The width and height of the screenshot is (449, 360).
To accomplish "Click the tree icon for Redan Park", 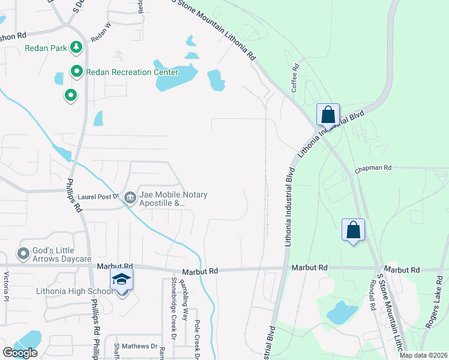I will tap(76, 47).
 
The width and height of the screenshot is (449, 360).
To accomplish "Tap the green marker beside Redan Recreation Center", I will tap(77, 72).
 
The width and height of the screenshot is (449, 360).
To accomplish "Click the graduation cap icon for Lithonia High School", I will tap(121, 280).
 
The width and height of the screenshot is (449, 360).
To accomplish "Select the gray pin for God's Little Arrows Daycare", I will tap(23, 253).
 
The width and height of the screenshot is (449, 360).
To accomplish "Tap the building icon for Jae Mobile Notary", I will tap(130, 197).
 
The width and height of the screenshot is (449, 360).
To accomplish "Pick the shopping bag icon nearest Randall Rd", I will tap(353, 229).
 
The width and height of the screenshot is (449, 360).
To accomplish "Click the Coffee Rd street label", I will tap(295, 79).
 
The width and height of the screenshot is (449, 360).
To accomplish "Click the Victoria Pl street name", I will tap(7, 286).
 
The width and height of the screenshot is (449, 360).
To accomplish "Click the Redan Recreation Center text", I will tap(132, 73).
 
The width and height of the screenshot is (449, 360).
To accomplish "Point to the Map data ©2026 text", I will tap(423, 355).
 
